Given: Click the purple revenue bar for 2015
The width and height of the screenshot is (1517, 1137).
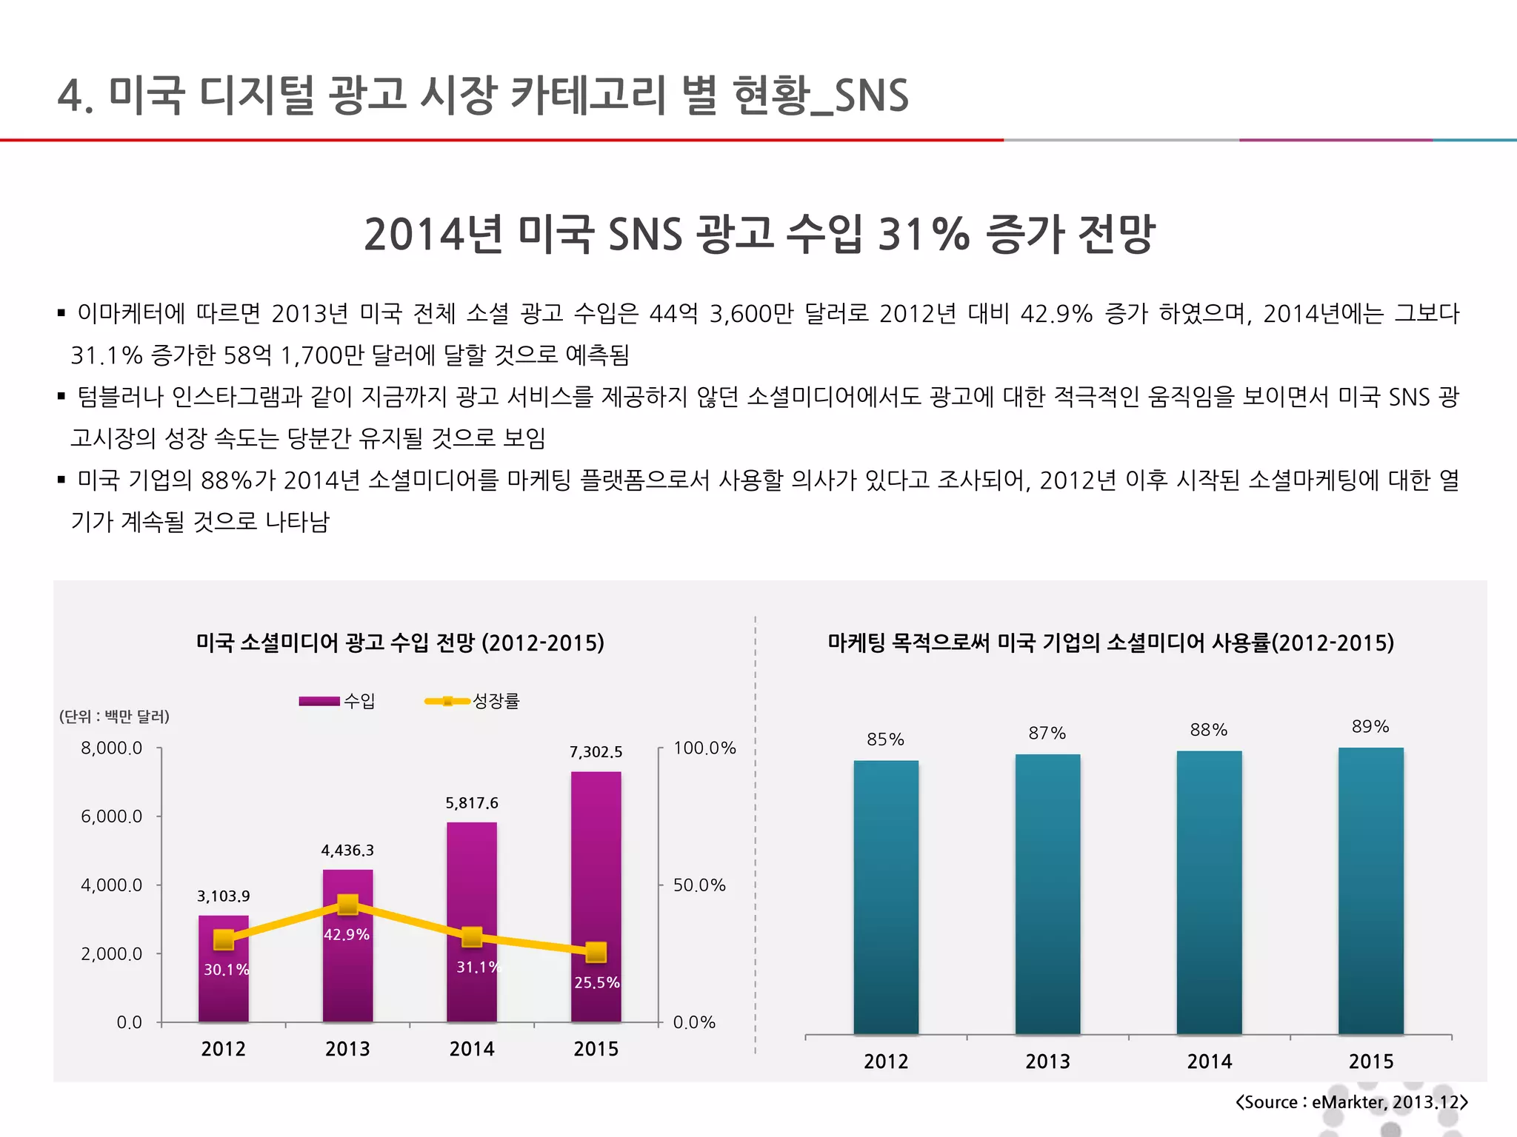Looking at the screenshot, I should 596,851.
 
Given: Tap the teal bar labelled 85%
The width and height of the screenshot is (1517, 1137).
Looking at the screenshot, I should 886,896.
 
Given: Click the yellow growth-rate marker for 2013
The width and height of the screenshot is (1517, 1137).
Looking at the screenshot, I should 347,905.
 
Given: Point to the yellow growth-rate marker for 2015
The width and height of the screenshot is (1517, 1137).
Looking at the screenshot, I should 596,952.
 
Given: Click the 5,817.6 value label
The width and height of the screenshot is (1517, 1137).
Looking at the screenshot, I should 472,803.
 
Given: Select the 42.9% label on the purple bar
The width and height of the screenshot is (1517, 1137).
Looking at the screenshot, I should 347,935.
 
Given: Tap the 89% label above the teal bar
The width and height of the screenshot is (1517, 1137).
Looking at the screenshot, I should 1370,727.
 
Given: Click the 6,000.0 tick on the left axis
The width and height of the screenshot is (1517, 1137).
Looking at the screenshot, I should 111,816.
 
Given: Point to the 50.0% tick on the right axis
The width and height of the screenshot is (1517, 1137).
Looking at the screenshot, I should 699,885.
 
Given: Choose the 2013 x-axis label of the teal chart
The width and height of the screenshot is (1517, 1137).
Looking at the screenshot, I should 1047,1061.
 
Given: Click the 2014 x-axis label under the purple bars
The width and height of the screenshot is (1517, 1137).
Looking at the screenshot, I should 472,1049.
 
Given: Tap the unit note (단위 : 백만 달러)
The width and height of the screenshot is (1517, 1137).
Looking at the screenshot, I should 114,717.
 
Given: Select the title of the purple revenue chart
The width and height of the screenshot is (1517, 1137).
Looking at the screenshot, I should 400,643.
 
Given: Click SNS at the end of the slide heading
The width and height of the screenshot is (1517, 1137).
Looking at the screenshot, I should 871,96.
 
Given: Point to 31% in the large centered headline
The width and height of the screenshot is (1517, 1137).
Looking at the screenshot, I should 924,234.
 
